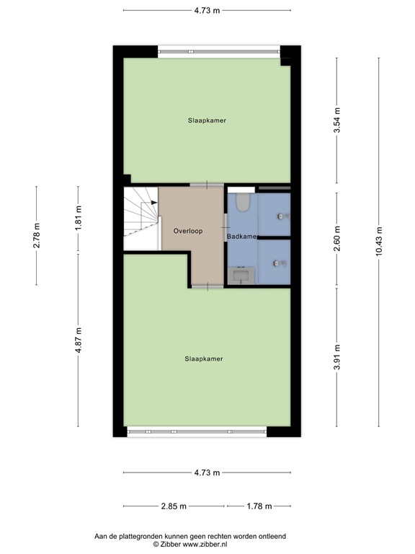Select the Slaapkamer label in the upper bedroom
pyautogui.click(x=207, y=120)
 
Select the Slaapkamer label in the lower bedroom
pyautogui.click(x=204, y=359)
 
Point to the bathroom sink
pyautogui.click(x=240, y=275)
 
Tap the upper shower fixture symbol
pyautogui.click(x=280, y=216)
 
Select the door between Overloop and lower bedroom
pyautogui.click(x=207, y=286)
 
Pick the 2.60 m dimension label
pyautogui.click(x=336, y=239)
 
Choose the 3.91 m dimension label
pyautogui.click(x=336, y=357)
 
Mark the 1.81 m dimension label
pyautogui.click(x=79, y=218)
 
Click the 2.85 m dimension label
pyautogui.click(x=173, y=506)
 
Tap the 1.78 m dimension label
pyautogui.click(x=259, y=506)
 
